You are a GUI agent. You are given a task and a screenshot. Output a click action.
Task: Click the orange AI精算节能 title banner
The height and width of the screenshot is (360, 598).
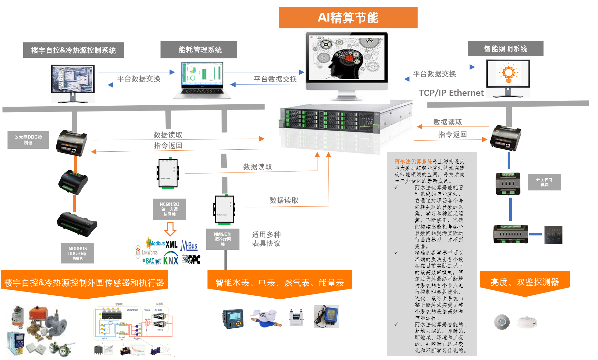pos(348,18)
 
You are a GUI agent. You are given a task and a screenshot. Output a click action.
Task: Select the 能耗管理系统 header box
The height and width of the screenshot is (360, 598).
pos(199,50)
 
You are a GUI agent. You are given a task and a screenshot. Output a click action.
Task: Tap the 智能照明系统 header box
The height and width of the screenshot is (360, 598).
pos(505,49)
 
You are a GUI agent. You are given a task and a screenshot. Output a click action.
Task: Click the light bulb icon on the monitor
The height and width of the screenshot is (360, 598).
pos(508,74)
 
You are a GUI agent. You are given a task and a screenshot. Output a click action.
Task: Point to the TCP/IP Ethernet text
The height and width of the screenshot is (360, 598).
pos(451,93)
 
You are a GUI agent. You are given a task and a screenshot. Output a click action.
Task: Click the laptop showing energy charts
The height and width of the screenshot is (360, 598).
pos(202,80)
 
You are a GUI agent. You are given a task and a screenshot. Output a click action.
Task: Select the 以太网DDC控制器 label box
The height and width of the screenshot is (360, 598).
pos(28,140)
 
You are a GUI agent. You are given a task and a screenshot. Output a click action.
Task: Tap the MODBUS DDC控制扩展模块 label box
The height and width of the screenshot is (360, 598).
pos(78,253)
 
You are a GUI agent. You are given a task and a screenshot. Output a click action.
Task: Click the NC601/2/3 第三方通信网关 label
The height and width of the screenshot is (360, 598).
pos(170,209)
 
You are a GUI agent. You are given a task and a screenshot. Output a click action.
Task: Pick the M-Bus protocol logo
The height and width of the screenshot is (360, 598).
pos(189,245)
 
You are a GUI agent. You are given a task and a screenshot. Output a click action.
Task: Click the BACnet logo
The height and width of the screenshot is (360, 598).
pos(152,261)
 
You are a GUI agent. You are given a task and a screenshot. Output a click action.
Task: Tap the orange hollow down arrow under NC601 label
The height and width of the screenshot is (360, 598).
pos(170,229)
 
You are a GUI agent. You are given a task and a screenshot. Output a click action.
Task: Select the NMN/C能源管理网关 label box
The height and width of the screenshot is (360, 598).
pos(223,239)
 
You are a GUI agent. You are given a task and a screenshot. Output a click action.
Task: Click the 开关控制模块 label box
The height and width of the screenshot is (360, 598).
pos(544,182)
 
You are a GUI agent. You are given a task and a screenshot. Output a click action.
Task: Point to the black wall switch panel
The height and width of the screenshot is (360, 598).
pos(553,235)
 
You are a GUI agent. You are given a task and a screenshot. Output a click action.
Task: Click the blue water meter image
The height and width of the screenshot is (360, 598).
pos(265,318)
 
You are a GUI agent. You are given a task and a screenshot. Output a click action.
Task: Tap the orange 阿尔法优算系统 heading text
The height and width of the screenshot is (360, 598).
pos(413,161)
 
